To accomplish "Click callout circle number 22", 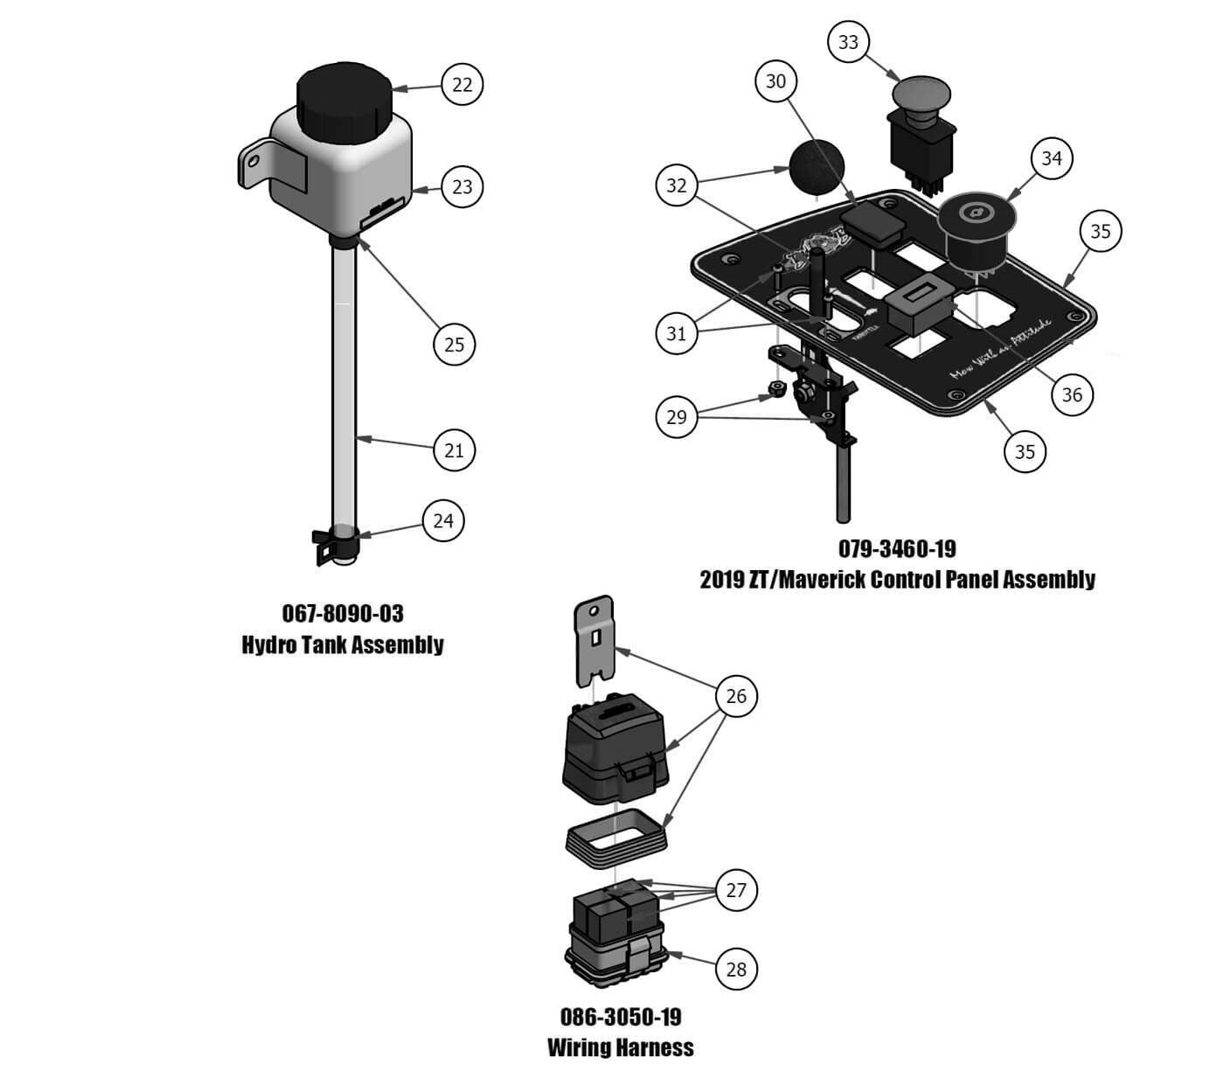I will pos(462,84).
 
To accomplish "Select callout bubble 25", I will pos(455,344).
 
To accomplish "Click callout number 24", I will pos(443,520).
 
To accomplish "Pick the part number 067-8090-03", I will pos(343,613).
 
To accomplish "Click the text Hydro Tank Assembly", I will pos(343,645).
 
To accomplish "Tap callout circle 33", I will pos(848,42).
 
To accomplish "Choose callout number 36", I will pos(1072,394).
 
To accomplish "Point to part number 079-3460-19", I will pos(897,548).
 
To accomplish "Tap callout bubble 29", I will pos(677,417).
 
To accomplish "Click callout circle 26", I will pos(736,696).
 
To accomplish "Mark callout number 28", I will pos(736,969).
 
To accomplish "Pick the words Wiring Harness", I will pos(621,1048).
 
